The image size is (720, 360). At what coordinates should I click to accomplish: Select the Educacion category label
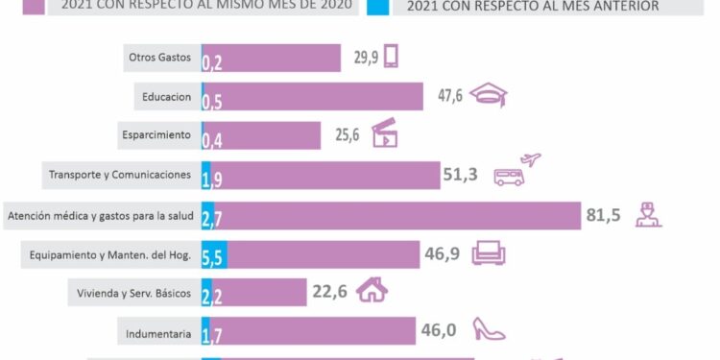[166, 97]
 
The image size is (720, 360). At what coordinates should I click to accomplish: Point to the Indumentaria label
[159, 334]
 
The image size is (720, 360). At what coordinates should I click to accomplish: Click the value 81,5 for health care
[604, 215]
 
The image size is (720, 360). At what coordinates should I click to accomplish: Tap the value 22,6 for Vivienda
[329, 292]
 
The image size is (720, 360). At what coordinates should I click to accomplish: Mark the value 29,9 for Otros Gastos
[365, 58]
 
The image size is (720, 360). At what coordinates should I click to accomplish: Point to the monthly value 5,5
[212, 257]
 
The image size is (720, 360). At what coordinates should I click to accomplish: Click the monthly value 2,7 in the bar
[212, 218]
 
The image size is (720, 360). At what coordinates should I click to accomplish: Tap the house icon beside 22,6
[372, 291]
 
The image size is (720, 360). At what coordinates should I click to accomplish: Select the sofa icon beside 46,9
[489, 253]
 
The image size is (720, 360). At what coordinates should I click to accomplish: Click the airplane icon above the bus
[530, 158]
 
